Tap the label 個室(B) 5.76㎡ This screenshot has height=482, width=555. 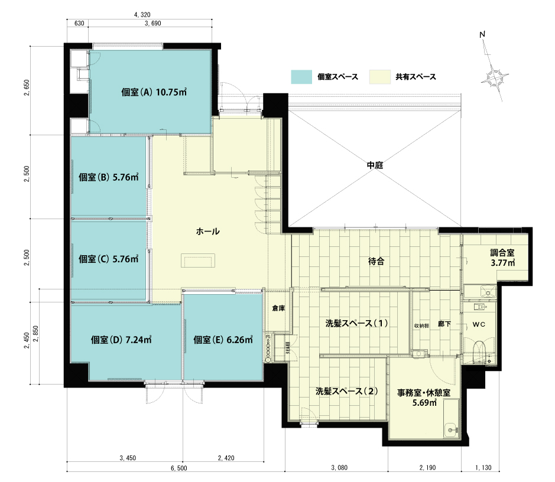click(x=109, y=177)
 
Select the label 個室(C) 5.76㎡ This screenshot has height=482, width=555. click(x=109, y=259)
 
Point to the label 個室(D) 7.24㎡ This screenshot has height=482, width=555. click(x=122, y=340)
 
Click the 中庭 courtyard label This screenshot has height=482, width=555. click(x=375, y=166)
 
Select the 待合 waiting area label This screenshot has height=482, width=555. click(x=376, y=260)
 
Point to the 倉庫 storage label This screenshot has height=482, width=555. click(x=278, y=308)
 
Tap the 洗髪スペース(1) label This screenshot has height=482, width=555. click(x=357, y=324)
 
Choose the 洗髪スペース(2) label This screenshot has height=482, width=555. click(x=346, y=391)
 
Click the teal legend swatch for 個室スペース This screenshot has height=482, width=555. click(x=301, y=76)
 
